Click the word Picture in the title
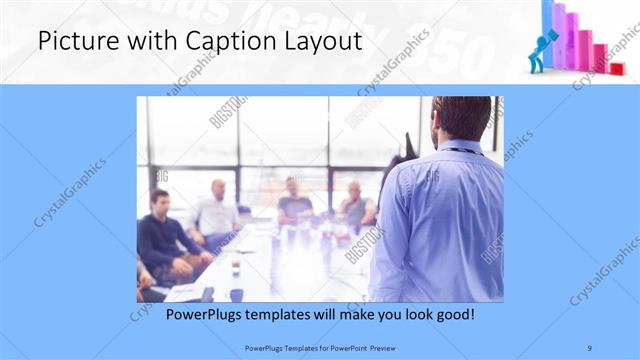click(x=71, y=42)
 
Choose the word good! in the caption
click(x=453, y=314)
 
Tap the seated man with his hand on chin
click(x=355, y=205)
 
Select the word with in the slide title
click(x=125, y=42)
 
